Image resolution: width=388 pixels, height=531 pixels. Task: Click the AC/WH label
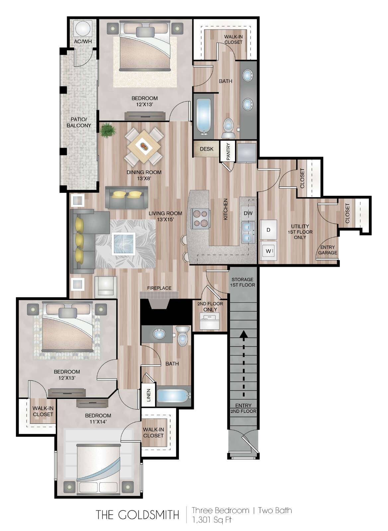click(x=83, y=41)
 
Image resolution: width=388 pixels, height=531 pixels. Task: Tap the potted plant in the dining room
click(x=108, y=130)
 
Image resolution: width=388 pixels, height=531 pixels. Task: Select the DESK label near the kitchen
click(x=206, y=149)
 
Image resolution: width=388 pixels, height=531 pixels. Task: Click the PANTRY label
click(x=228, y=151)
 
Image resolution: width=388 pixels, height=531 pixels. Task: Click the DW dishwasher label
click(x=248, y=213)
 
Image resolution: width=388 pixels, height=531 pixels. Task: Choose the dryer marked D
click(x=268, y=230)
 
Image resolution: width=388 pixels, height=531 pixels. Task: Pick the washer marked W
click(x=268, y=251)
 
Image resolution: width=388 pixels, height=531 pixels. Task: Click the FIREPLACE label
click(x=159, y=288)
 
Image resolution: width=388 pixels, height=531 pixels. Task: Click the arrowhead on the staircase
click(x=243, y=335)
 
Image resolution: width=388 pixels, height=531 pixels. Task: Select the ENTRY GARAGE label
click(x=328, y=250)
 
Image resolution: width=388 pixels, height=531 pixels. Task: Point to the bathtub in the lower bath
click(x=174, y=396)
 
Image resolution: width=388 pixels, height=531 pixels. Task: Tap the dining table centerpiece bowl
click(x=144, y=146)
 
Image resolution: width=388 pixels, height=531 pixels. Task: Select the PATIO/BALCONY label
click(x=79, y=122)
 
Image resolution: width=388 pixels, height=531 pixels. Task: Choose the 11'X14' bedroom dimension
click(x=98, y=422)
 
